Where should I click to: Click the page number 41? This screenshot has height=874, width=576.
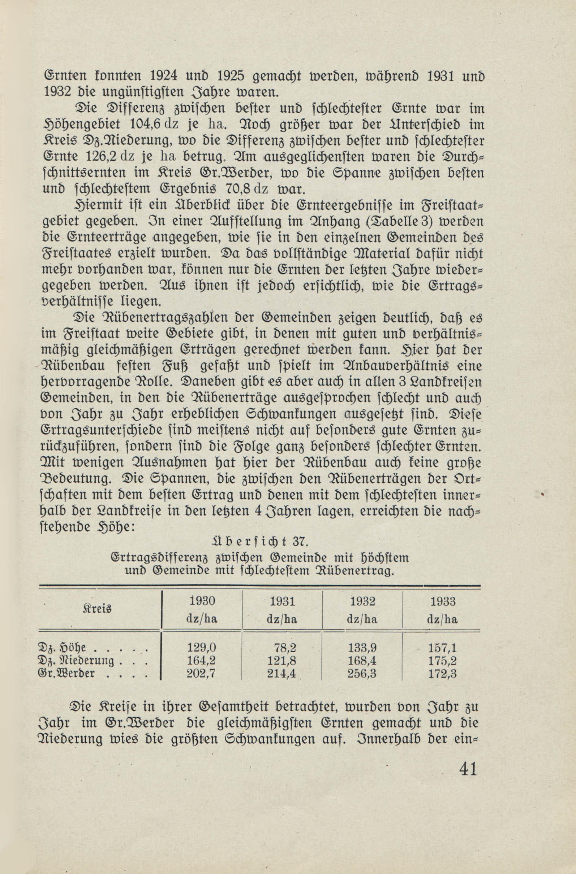(468, 768)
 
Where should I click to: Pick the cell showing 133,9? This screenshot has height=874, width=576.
(362, 648)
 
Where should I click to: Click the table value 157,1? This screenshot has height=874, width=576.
(442, 648)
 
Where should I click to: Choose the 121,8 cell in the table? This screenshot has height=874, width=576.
(282, 661)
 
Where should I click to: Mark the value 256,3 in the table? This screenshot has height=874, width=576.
(362, 674)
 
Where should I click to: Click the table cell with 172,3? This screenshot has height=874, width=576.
(442, 674)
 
